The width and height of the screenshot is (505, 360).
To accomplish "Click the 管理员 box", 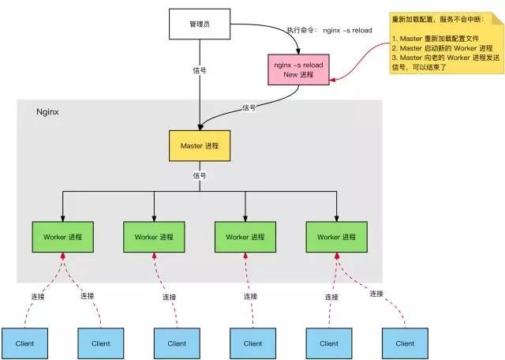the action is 200,24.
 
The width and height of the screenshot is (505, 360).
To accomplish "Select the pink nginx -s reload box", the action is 298,69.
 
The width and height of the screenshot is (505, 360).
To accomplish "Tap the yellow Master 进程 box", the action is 200,146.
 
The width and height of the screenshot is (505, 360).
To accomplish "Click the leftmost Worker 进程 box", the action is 63,237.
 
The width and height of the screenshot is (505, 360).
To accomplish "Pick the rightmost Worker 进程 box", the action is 337,237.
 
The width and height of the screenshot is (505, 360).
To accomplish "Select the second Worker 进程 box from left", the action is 154,237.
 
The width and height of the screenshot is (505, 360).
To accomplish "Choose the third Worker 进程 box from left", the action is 245,237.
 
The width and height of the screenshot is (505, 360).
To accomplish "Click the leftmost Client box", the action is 24,343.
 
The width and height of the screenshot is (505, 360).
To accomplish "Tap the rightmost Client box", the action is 405,343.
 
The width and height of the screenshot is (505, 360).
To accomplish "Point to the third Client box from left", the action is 177,343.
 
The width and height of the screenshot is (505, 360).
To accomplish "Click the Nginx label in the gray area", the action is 47,112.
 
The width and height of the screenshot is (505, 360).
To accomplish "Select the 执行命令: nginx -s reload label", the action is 330,30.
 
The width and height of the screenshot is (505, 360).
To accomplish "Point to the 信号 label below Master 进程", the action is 200,175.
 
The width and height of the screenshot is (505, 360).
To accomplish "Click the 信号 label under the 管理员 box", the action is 200,70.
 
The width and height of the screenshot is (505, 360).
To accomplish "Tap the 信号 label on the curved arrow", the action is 249,107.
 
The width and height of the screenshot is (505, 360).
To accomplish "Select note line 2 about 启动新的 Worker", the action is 442,48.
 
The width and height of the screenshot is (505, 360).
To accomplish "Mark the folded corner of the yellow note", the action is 497,19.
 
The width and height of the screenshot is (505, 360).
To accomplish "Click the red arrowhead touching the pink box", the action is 332,80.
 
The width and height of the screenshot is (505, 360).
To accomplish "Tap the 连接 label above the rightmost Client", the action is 376,294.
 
